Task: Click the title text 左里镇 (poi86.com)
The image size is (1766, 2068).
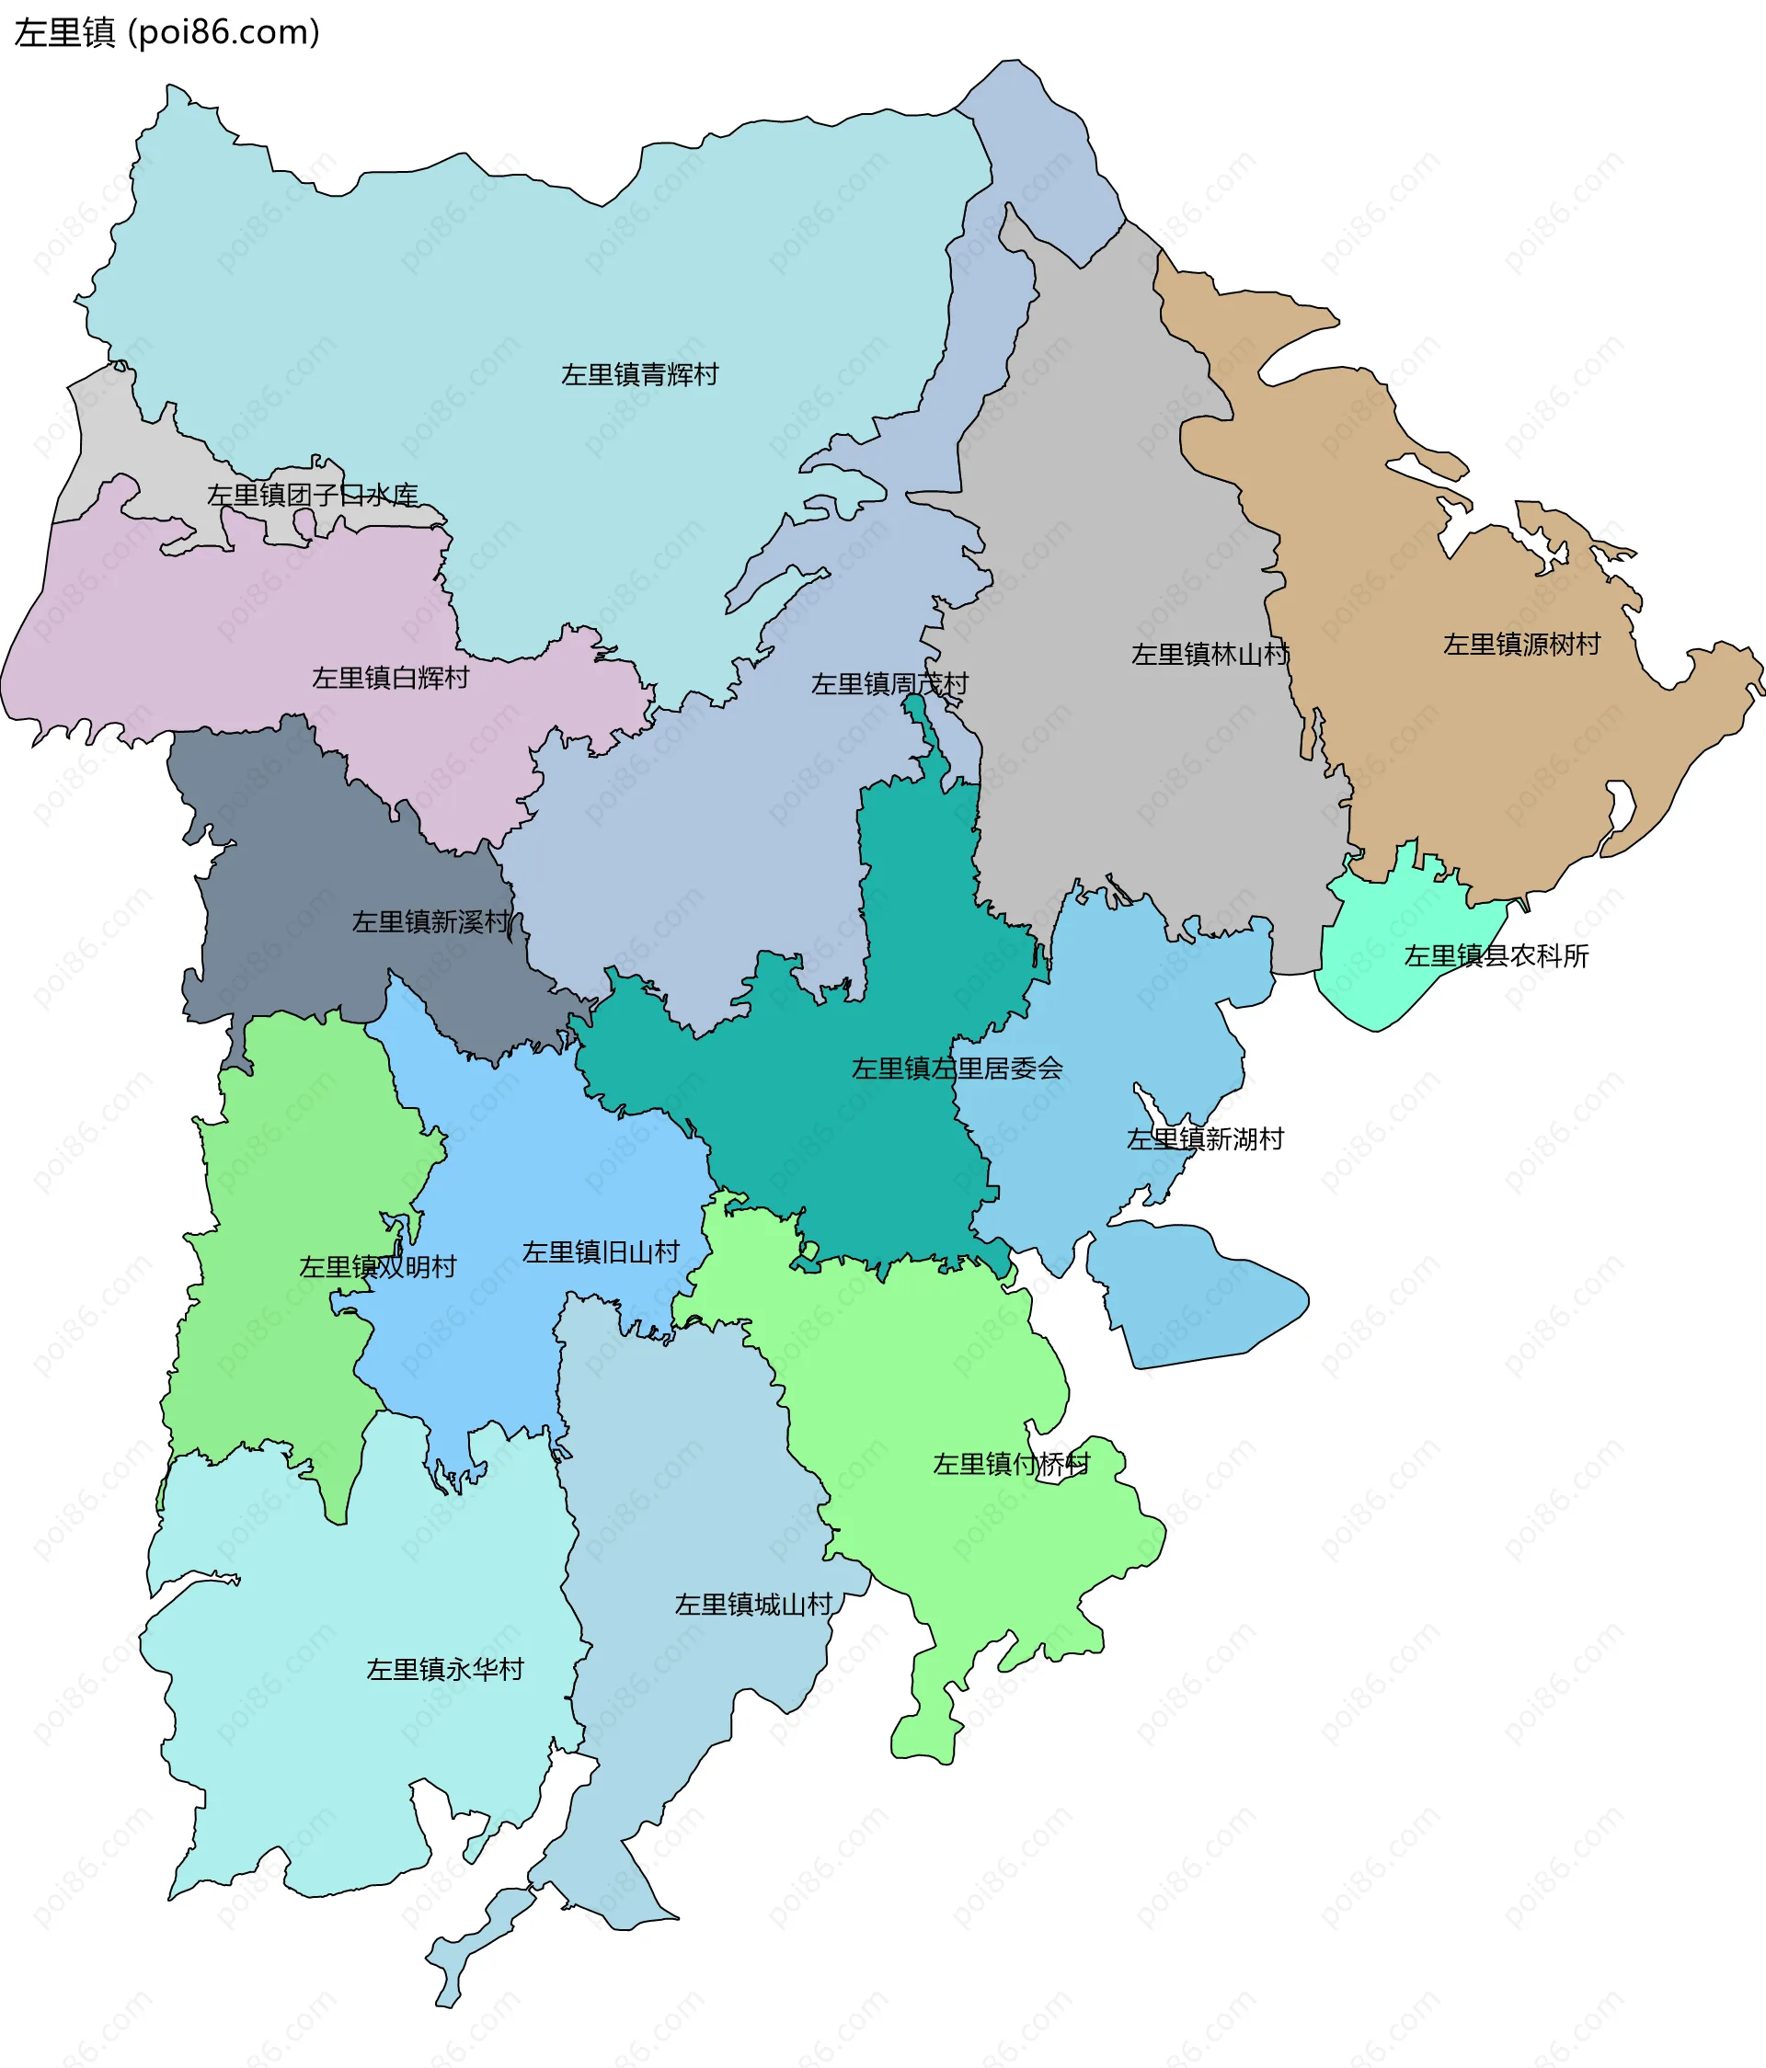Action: [x=166, y=33]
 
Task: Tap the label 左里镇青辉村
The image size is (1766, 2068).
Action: [x=639, y=374]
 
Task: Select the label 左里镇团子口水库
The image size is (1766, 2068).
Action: [x=312, y=495]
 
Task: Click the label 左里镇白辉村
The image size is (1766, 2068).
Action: [x=390, y=678]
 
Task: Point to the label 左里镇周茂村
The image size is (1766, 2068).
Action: [x=889, y=684]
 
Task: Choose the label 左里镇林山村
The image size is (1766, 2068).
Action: [x=1209, y=655]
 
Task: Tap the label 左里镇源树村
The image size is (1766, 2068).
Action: [x=1520, y=645]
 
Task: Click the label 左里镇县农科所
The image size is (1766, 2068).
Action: [x=1496, y=956]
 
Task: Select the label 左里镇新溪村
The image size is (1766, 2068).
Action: [x=430, y=921]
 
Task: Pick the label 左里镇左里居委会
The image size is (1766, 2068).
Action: [x=957, y=1068]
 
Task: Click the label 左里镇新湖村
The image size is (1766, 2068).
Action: [x=1204, y=1138]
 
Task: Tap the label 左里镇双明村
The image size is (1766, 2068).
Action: [x=377, y=1266]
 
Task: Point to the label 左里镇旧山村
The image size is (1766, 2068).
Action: [x=600, y=1251]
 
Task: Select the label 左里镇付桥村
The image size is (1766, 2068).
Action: [x=1010, y=1464]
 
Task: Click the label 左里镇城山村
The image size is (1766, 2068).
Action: [x=752, y=1605]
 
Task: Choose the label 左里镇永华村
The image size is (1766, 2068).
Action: [x=444, y=1670]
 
